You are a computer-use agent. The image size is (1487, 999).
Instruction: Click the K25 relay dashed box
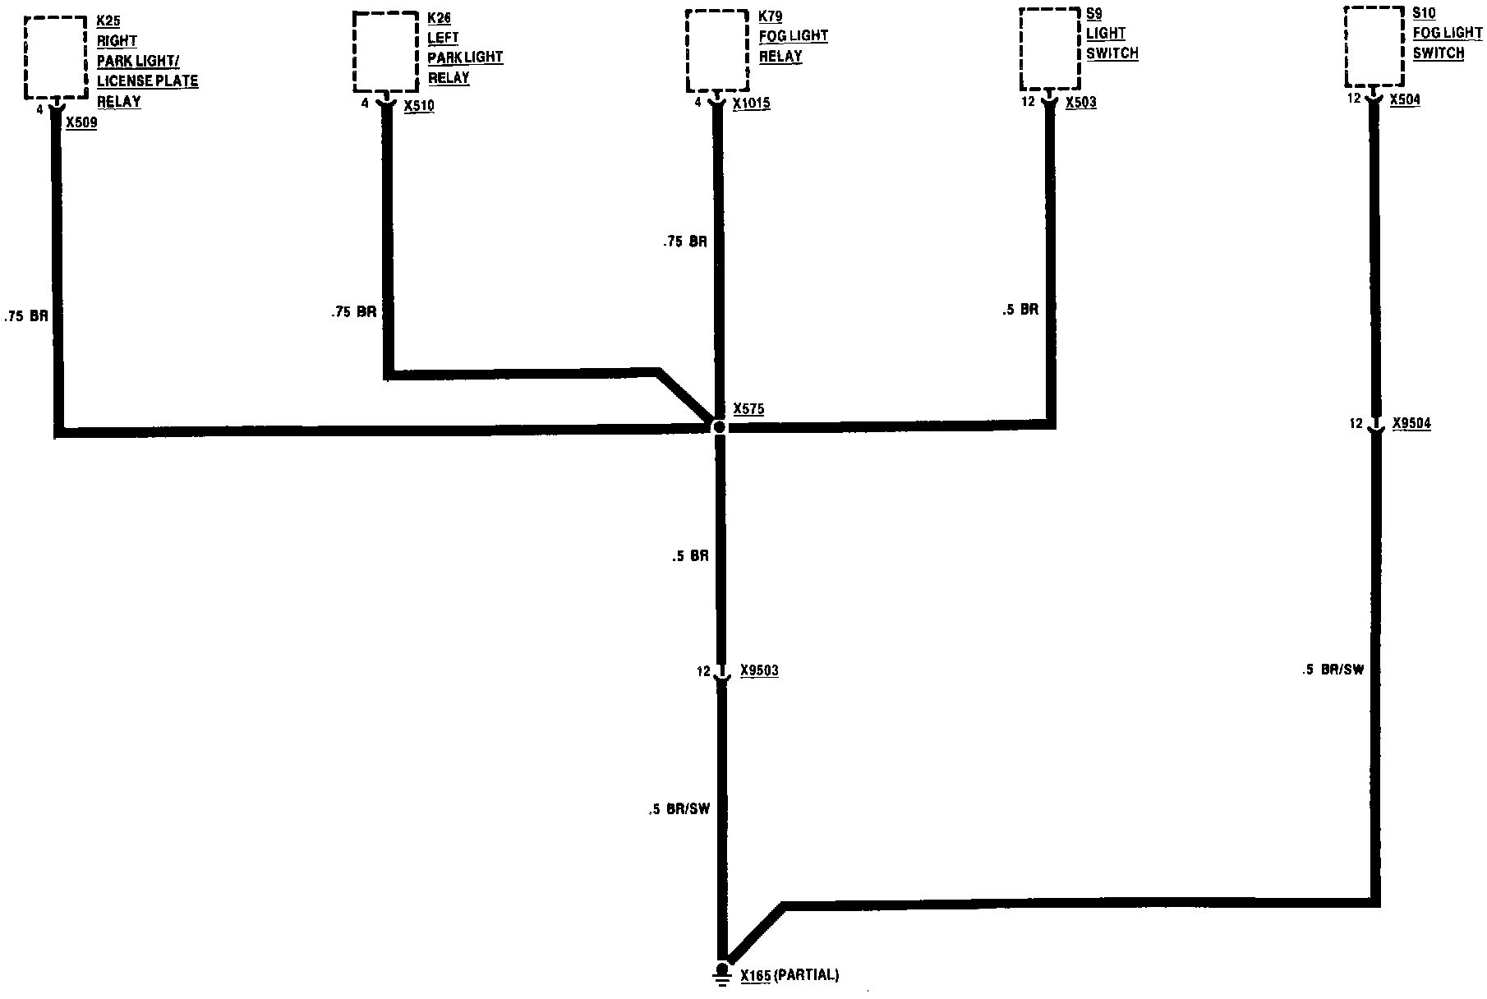pyautogui.click(x=55, y=57)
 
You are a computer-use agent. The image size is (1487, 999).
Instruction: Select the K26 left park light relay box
pyautogui.click(x=385, y=52)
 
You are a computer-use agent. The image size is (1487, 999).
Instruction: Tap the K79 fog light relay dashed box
pyautogui.click(x=717, y=50)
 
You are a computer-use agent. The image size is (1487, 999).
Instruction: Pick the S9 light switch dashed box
pyautogui.click(x=1049, y=48)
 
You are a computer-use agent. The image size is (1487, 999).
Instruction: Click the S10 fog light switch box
pyautogui.click(x=1374, y=46)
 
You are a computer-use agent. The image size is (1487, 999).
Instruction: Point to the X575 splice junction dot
pyautogui.click(x=719, y=427)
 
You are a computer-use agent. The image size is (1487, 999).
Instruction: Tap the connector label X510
pyautogui.click(x=419, y=106)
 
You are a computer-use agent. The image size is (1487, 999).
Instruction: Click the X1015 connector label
pyautogui.click(x=752, y=104)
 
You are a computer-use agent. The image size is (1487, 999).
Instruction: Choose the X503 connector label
pyautogui.click(x=1080, y=103)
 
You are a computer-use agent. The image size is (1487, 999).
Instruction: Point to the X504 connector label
pyautogui.click(x=1405, y=99)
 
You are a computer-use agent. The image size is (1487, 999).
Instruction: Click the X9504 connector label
pyautogui.click(x=1411, y=425)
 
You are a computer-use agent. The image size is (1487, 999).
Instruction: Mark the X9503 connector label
pyautogui.click(x=759, y=671)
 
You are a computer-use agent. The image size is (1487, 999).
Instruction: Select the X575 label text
pyautogui.click(x=748, y=408)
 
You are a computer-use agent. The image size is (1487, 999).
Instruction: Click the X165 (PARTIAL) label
pyautogui.click(x=790, y=976)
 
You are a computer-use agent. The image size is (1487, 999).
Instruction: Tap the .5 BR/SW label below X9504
pyautogui.click(x=1333, y=670)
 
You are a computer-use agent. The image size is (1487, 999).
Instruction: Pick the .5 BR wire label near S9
pyautogui.click(x=1020, y=311)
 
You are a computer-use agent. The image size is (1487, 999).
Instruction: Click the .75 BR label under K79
pyautogui.click(x=685, y=242)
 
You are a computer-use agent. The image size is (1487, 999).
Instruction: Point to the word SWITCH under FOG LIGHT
pyautogui.click(x=1439, y=53)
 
